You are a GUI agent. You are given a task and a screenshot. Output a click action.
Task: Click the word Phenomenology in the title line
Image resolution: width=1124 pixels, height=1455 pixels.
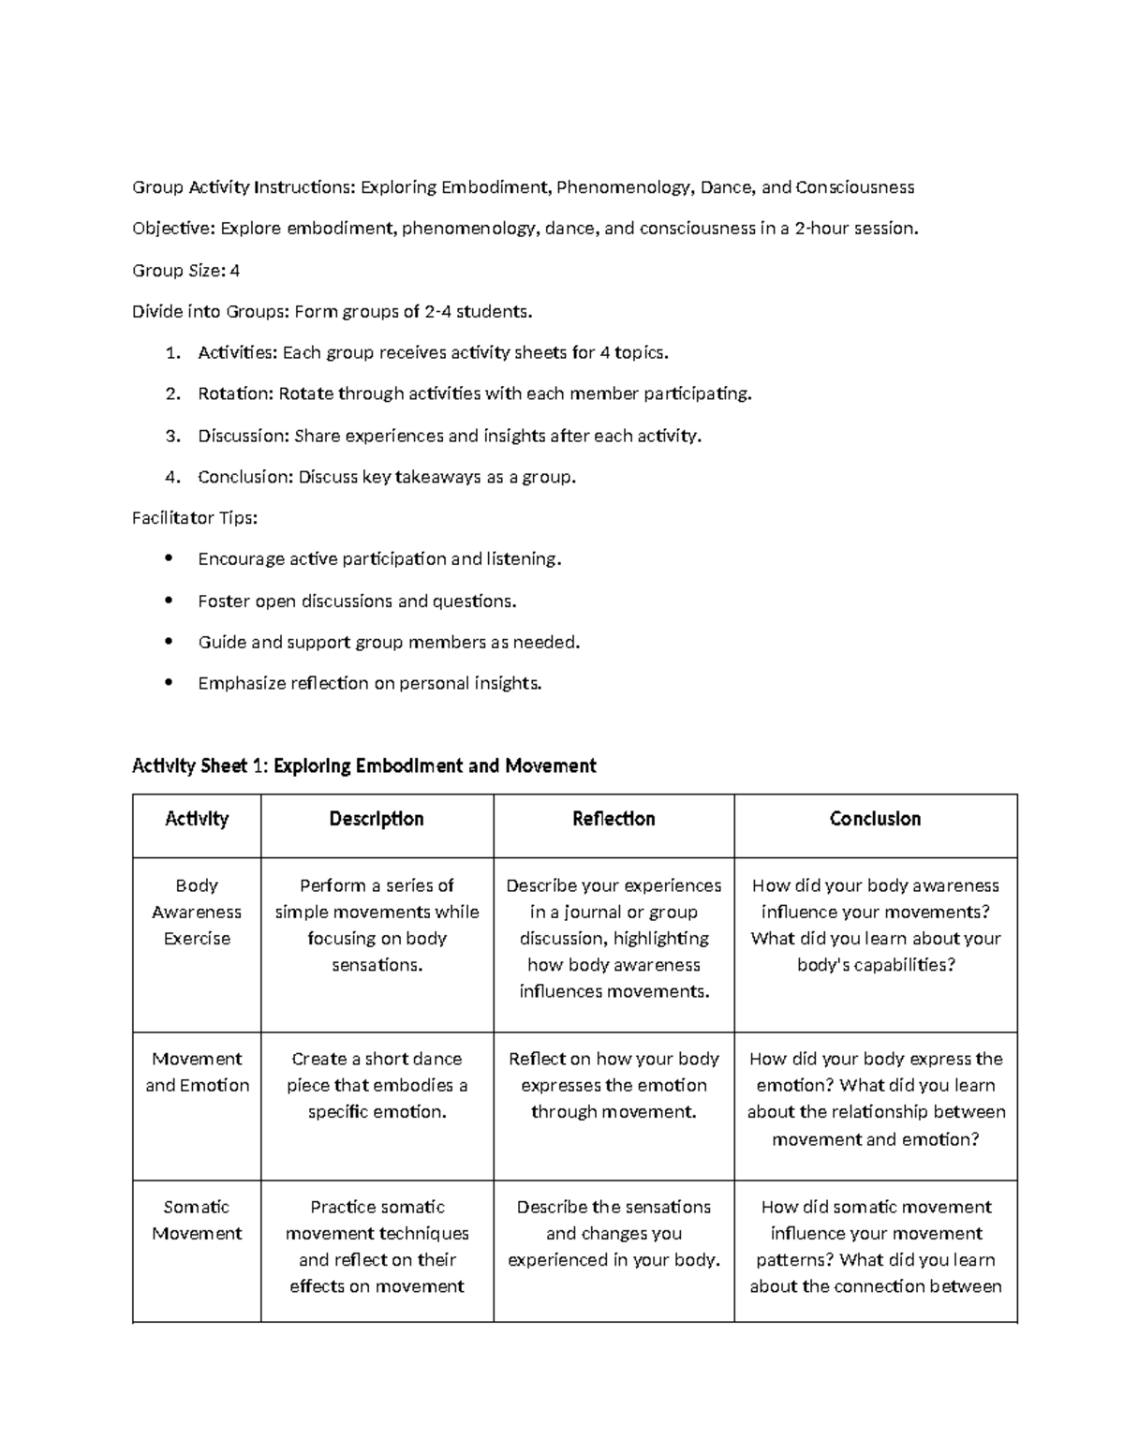point(623,187)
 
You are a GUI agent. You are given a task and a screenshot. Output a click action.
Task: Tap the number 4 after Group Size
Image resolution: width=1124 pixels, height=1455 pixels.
point(235,271)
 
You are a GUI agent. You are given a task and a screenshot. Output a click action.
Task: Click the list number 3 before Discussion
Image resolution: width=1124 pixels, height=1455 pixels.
point(171,436)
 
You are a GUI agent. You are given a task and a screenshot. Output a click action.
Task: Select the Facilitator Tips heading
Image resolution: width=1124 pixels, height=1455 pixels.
point(195,518)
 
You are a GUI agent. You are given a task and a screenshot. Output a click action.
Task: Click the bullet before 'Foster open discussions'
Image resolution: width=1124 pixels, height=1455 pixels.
point(169,601)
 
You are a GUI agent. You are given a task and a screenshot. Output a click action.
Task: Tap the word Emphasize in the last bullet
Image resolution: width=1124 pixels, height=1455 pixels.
point(242,684)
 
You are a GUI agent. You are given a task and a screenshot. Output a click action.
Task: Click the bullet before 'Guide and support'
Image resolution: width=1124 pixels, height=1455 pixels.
point(169,642)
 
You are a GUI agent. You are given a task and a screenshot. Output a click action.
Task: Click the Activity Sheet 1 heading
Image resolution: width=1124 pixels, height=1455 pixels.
point(363,766)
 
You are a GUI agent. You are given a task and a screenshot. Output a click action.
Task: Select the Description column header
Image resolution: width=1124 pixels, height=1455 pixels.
point(377,819)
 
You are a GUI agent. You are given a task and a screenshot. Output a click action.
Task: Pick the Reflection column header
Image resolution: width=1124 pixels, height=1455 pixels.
point(614,819)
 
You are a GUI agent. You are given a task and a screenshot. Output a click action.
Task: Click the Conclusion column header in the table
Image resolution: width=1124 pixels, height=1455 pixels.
point(875,819)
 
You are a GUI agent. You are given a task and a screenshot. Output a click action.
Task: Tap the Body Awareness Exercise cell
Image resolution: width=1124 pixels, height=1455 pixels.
point(197,912)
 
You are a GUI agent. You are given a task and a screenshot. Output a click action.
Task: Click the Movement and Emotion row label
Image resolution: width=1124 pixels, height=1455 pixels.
point(197,1072)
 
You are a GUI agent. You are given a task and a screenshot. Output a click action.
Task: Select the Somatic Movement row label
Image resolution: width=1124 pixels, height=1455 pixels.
point(197,1220)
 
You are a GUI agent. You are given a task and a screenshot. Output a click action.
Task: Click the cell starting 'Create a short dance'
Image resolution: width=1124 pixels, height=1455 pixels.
point(377,1085)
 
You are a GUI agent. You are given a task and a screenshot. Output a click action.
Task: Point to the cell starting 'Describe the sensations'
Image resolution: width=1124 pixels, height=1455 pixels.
point(614,1233)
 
